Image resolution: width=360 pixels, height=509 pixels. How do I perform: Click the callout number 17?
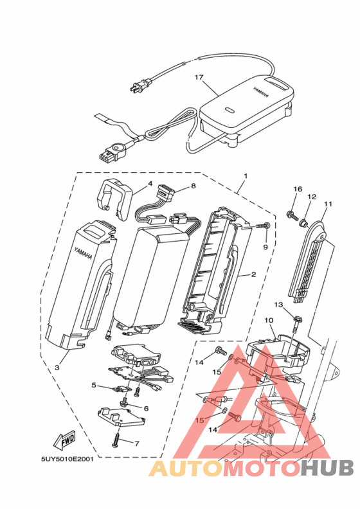point(199,77)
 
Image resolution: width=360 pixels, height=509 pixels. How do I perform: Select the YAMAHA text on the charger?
point(261,92)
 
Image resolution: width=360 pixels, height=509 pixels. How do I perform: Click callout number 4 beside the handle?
point(150,183)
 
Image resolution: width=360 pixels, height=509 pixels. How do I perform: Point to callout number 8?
point(194,186)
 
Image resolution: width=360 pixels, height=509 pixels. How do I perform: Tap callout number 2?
point(253,274)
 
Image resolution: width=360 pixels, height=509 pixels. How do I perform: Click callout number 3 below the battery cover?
point(57,367)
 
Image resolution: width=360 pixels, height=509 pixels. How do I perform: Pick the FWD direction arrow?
point(64,440)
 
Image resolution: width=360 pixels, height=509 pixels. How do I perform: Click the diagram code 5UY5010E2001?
point(67,459)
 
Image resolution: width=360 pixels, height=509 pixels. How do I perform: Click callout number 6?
point(146,408)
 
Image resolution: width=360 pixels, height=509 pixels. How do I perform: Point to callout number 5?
point(94,385)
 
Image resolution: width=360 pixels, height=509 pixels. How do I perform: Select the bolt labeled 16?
point(291,215)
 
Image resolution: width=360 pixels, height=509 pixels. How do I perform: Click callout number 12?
point(312,197)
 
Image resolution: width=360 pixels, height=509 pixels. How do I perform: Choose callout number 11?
point(328,204)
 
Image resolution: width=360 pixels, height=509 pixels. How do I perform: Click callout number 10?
point(269,321)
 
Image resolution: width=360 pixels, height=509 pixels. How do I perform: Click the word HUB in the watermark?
point(327,469)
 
